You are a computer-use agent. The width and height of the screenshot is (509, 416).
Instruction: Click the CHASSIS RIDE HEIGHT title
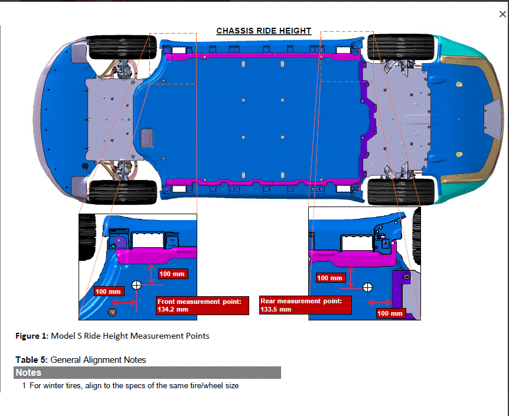263,31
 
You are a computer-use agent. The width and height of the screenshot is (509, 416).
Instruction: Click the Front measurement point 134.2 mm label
203,305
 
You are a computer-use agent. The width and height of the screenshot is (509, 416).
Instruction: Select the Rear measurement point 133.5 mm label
305,305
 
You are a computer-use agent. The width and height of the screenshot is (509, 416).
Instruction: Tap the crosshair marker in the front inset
136,285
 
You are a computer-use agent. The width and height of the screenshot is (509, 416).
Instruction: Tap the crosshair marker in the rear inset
367,287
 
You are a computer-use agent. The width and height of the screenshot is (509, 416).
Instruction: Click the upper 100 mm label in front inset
173,274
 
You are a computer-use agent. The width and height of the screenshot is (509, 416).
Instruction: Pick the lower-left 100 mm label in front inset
109,291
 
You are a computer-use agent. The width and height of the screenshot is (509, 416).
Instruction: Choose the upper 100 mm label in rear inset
331,278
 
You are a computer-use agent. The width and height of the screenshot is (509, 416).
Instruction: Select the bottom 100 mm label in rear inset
391,313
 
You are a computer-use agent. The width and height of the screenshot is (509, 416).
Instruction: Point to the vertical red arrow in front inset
151,274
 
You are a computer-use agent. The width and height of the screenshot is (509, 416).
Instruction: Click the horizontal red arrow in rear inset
380,303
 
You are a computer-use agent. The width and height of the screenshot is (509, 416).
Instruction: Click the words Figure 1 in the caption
31,336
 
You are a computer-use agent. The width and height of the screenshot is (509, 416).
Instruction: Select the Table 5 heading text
31,360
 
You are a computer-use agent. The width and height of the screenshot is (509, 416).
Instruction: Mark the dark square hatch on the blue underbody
146,137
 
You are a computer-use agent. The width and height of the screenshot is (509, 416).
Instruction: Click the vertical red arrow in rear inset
351,278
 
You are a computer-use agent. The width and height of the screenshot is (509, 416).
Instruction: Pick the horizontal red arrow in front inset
124,303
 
